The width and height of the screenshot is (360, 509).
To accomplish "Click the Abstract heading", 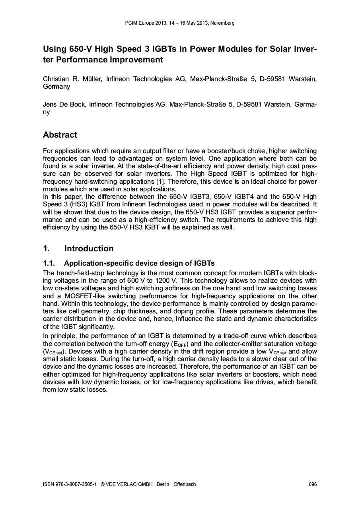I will click(x=60, y=135).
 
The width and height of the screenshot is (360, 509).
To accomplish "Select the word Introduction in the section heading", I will click(x=89, y=249).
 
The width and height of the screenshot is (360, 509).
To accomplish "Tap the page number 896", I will click(x=313, y=484).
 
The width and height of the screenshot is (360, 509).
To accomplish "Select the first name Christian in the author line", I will click(x=57, y=79).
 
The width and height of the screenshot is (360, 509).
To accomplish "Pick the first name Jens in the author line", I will click(x=50, y=105).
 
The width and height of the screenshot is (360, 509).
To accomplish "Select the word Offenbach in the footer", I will click(x=185, y=484).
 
